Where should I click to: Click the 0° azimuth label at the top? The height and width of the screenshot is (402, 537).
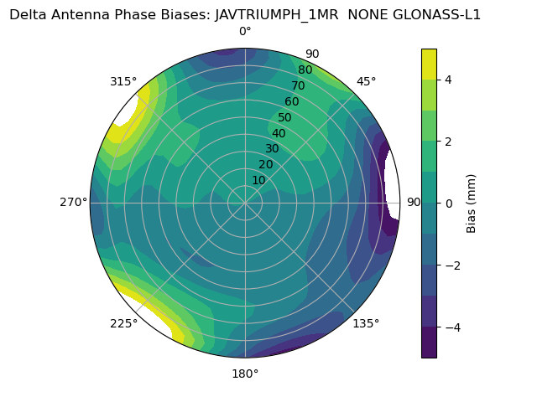(245, 32)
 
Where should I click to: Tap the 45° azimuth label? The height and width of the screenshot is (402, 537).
(367, 81)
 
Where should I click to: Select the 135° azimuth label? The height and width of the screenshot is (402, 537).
(366, 323)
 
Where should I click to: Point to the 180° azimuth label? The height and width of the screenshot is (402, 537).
(245, 374)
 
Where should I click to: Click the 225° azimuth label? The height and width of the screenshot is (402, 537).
(123, 324)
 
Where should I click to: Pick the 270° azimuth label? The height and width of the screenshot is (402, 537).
(74, 202)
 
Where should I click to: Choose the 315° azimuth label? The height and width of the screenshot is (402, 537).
(123, 81)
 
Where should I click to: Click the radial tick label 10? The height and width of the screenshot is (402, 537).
(258, 180)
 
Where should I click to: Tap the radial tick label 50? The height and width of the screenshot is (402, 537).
(285, 117)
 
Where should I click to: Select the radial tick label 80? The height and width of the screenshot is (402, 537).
(305, 70)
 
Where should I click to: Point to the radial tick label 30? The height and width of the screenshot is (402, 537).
(272, 149)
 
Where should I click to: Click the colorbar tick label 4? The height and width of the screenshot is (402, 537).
(449, 80)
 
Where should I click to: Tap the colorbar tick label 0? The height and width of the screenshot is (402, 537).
(449, 203)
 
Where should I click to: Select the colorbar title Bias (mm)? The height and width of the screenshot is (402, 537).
(472, 203)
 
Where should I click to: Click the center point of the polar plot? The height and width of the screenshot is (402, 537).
(245, 203)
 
